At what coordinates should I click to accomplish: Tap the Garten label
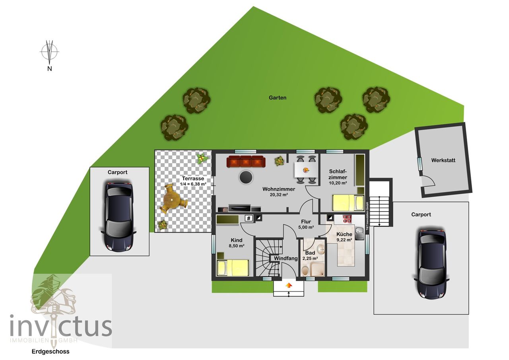278,98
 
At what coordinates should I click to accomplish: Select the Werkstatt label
443,160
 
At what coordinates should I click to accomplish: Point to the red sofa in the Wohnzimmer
246,162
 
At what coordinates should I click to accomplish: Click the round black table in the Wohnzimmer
246,177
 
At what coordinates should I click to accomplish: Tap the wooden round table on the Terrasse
173,198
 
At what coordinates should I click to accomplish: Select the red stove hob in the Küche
347,219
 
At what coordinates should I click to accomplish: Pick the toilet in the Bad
305,270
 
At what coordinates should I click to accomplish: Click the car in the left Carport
119,216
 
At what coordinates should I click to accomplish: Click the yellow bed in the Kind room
233,267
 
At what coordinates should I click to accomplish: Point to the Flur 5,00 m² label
306,224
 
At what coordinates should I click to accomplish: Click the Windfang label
286,259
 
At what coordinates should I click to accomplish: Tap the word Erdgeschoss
51,352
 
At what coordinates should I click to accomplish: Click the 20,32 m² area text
279,195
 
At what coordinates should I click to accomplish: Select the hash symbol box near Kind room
249,218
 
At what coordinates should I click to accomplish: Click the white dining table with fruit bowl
306,169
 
